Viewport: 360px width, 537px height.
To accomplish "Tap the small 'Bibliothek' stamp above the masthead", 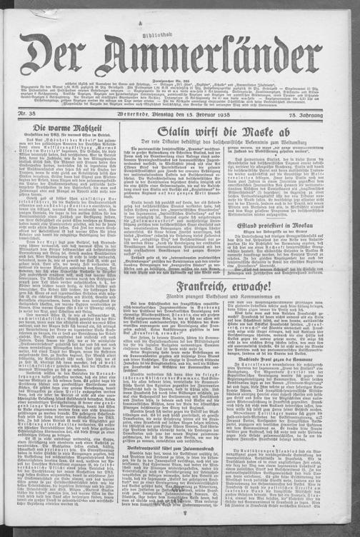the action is pyautogui.click(x=179, y=23).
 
